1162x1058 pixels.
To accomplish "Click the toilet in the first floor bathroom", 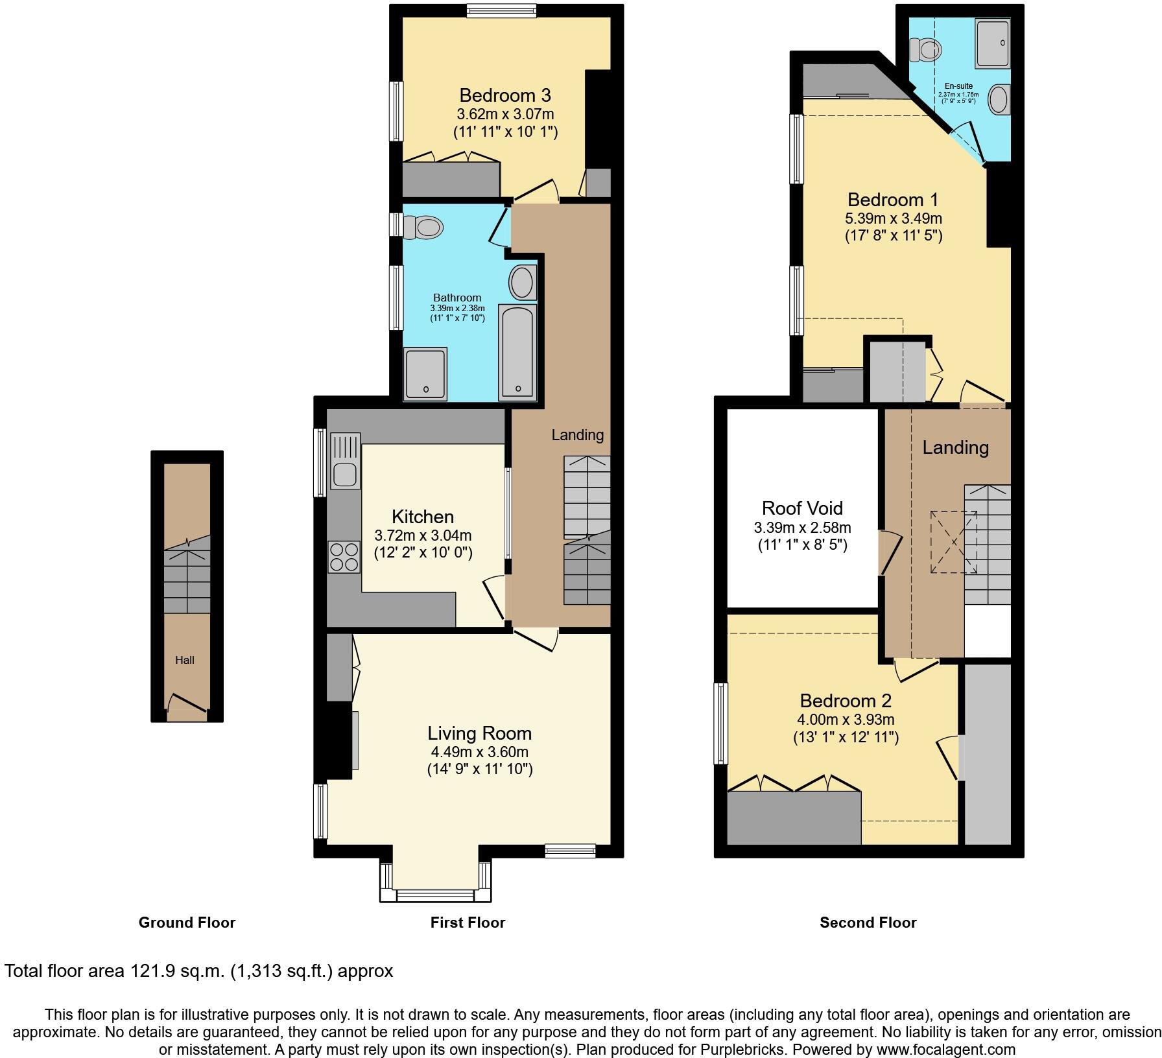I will coord(424,228).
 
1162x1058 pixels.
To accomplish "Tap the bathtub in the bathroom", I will coord(517,352).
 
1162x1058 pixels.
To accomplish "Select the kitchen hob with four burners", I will coord(344,557).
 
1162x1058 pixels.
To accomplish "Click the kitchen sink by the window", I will coord(346,462).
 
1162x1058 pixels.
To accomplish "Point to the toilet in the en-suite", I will coord(927,49).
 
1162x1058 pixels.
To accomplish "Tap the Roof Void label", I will coord(802,508).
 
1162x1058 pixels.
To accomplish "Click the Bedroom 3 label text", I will coord(504,95).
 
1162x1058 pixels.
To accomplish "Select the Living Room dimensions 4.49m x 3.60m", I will coord(479,752).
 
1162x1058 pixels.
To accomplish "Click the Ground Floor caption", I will coord(187,923).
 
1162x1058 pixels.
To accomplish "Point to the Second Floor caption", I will coord(868,923).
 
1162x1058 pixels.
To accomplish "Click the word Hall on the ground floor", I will coord(185,660).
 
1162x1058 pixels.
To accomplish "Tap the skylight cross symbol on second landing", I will coord(954,542).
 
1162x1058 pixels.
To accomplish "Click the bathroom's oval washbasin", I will coord(522,283).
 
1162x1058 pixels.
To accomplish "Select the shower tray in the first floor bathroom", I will coord(425,373).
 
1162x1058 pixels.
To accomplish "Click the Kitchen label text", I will coord(423,517).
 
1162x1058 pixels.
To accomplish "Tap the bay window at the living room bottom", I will coord(435,895).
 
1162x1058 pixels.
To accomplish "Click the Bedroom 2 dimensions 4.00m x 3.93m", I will coord(846,720).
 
